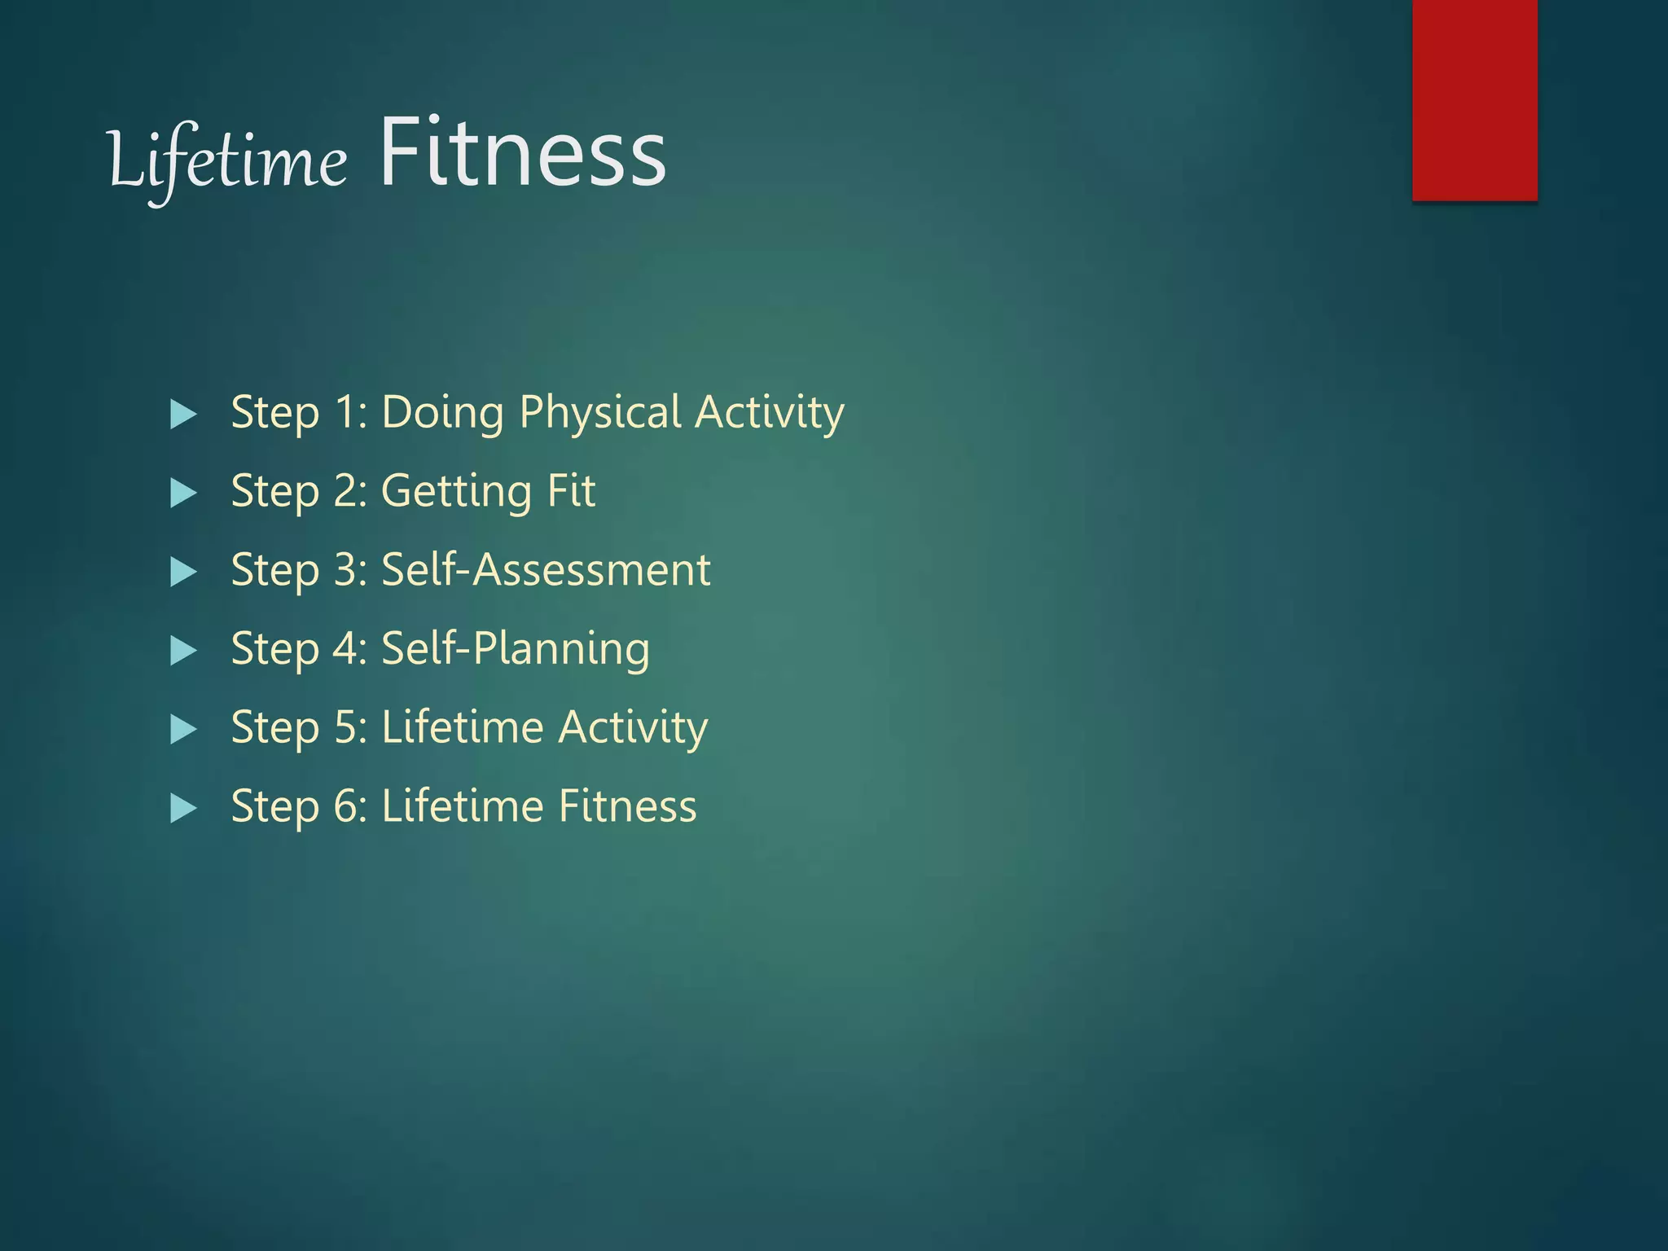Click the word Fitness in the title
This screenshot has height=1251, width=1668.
(522, 153)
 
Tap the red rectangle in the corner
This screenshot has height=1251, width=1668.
(1474, 99)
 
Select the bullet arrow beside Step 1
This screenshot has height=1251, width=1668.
(183, 415)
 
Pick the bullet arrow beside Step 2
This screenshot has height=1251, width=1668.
(183, 494)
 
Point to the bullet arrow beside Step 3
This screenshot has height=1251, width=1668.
(183, 572)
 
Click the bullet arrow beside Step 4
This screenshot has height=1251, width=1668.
(183, 651)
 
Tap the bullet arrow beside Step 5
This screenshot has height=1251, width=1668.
(183, 730)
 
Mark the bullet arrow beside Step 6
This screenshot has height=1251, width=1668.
(183, 808)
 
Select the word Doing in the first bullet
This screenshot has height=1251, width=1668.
(442, 413)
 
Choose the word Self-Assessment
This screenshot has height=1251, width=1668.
(546, 569)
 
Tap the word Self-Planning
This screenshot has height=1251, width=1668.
(516, 649)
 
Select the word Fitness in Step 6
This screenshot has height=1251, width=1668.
(627, 806)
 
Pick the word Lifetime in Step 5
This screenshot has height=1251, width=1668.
(462, 726)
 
